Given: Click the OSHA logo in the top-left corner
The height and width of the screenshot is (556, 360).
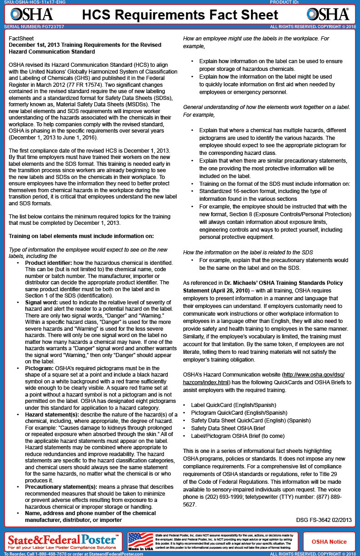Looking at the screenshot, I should click(x=31, y=15).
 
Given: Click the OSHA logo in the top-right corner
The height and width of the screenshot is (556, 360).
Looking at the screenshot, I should click(x=328, y=15).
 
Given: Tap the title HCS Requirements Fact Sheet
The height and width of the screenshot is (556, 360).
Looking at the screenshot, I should click(x=180, y=15).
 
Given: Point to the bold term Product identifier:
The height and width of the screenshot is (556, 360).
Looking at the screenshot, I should click(x=47, y=263).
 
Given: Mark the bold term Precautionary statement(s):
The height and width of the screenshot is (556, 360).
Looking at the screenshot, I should click(x=61, y=487).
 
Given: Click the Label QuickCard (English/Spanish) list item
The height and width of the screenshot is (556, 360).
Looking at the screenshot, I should click(x=233, y=404).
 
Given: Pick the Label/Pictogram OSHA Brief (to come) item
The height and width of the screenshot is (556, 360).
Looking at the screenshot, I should click(x=238, y=436).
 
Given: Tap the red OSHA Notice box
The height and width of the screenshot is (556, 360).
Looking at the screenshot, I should click(x=329, y=541).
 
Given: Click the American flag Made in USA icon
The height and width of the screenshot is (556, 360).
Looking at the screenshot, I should click(x=140, y=541).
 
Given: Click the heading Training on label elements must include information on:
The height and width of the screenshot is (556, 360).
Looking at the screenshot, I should click(x=81, y=236).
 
